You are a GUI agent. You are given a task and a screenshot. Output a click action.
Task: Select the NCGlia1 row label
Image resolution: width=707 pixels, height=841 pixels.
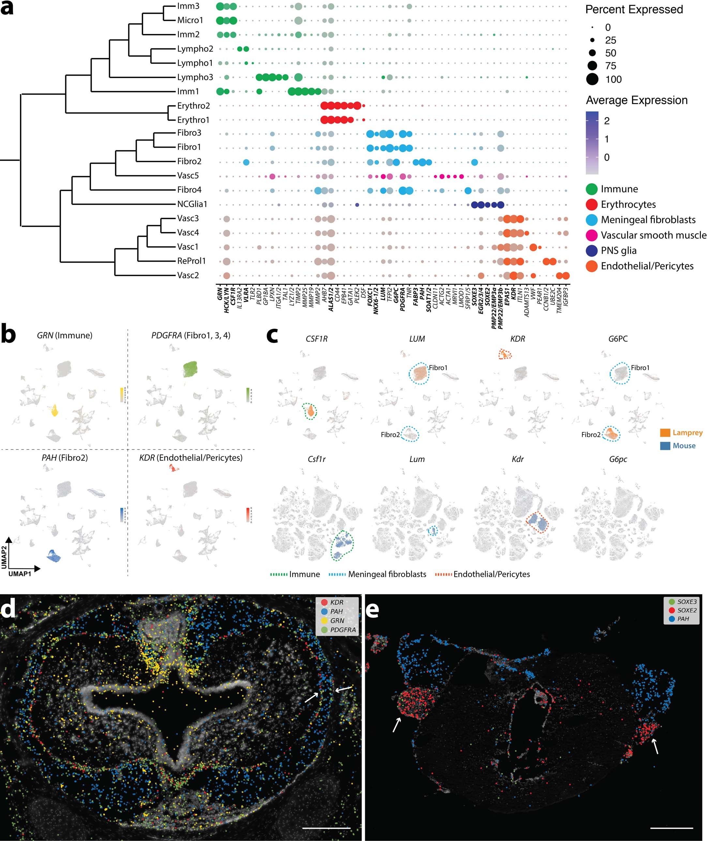coord(192,204)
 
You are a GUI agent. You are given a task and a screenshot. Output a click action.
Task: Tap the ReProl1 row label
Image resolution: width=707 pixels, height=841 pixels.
coord(191,261)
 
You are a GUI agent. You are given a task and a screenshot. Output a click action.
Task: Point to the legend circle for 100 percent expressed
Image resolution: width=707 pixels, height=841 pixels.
coord(592,79)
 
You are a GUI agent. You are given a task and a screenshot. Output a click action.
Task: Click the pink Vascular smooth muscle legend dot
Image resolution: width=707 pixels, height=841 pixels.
coord(592,235)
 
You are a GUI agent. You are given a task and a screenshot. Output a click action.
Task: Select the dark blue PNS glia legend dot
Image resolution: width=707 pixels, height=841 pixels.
coord(592,251)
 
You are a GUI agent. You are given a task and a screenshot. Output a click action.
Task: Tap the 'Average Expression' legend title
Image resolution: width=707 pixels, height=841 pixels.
coord(637,100)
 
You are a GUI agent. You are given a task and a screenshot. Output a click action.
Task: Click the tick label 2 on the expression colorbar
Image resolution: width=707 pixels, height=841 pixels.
coord(607,121)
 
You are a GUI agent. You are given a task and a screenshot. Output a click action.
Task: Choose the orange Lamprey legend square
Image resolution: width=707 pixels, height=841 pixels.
coord(665,433)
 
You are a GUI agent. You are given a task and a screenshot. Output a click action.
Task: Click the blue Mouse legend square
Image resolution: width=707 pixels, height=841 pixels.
coord(665,446)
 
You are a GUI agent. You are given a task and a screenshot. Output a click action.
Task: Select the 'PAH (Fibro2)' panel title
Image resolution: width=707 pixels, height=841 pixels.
coord(65,458)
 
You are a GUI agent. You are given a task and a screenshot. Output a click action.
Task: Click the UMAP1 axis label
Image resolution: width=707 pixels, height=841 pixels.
coord(20,573)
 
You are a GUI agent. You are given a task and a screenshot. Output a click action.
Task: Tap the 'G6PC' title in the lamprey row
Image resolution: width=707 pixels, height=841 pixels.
coord(618,339)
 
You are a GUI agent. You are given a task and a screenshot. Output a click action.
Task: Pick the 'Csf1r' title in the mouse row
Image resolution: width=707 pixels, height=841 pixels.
coord(316,459)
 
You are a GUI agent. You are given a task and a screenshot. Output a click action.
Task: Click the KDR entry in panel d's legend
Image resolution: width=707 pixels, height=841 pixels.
coord(336,603)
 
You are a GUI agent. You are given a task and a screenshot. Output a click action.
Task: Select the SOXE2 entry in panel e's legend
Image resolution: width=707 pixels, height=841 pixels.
coord(686,610)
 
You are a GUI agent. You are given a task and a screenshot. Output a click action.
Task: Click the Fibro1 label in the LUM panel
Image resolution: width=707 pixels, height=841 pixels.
coord(438,368)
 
